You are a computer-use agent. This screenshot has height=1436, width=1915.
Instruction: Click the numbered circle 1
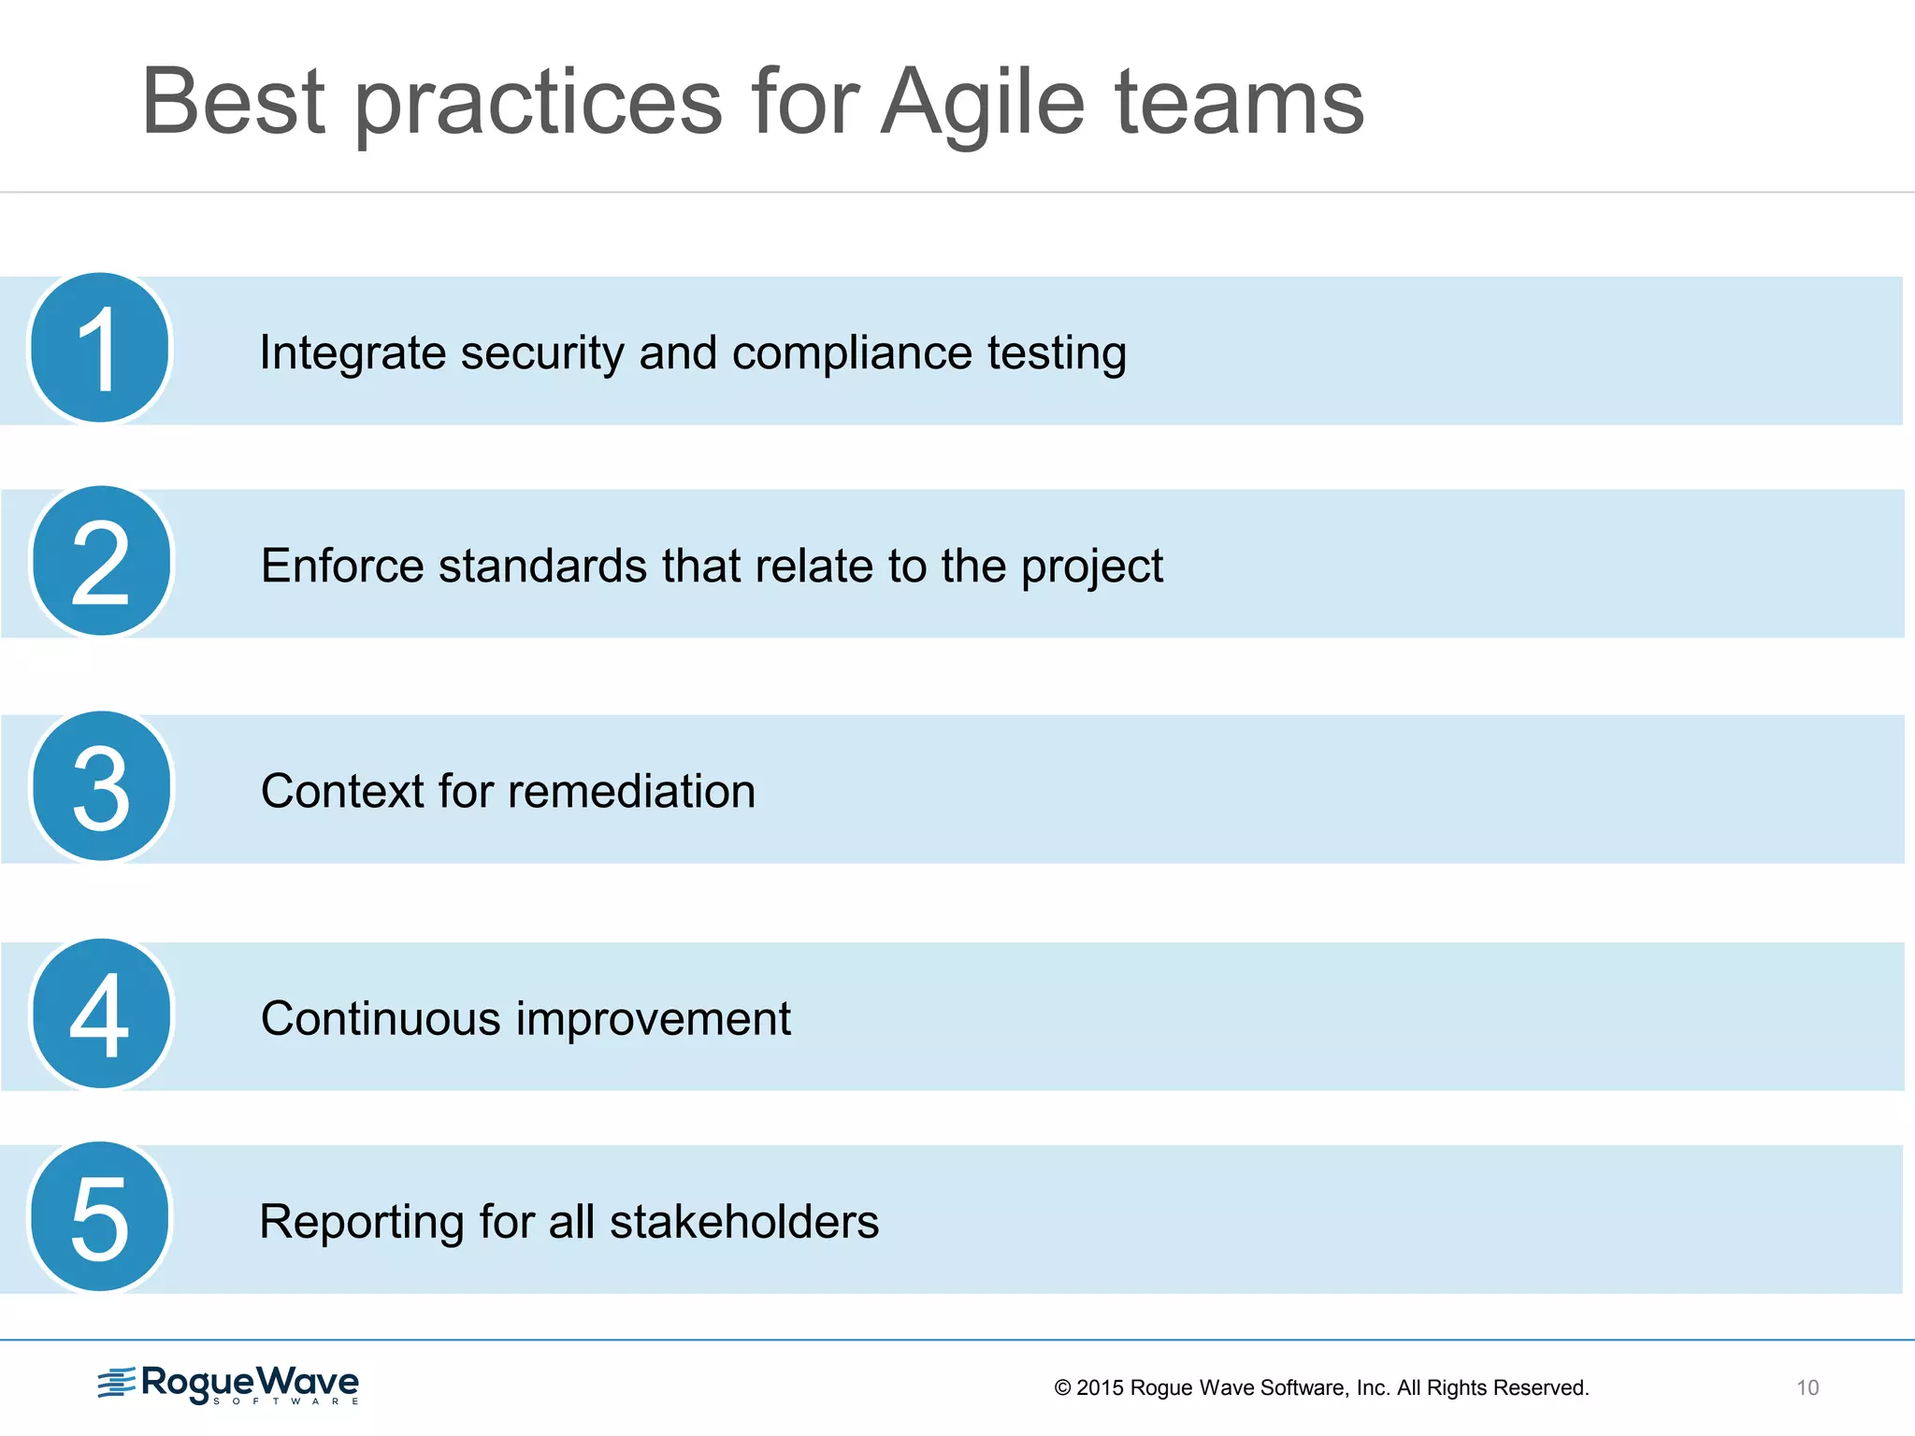coord(100,348)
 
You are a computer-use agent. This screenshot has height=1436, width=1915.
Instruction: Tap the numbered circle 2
coord(101,561)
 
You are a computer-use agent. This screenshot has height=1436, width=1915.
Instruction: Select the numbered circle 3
coord(101,787)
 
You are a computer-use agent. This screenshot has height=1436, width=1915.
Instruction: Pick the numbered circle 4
coord(101,1014)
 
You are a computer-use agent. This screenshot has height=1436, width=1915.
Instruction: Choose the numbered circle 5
coord(100,1217)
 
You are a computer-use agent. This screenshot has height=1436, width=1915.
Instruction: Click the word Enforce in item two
coord(342,566)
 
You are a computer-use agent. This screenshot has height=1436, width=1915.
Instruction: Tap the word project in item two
coord(1091,567)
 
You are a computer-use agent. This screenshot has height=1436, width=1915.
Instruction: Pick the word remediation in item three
coord(632,791)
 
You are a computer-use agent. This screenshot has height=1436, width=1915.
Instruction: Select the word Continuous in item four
coord(381,1018)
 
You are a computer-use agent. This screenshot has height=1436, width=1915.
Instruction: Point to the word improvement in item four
coord(654,1019)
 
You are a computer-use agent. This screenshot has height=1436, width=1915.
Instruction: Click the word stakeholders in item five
coord(744,1222)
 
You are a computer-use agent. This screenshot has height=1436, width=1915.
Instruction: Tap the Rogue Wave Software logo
coord(229,1384)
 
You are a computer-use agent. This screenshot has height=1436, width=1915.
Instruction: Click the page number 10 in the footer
coord(1807,1387)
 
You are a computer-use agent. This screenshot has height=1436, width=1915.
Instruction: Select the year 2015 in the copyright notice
coord(1100,1387)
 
